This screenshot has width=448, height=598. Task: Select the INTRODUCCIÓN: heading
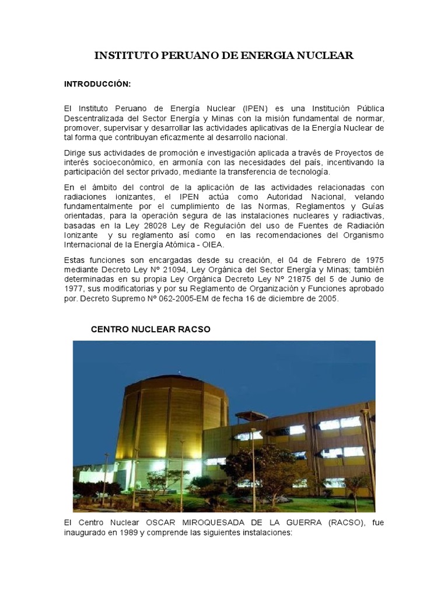pos(97,84)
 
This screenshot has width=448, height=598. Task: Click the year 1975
pos(373,259)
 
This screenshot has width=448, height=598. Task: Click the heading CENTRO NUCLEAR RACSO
pos(150,329)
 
